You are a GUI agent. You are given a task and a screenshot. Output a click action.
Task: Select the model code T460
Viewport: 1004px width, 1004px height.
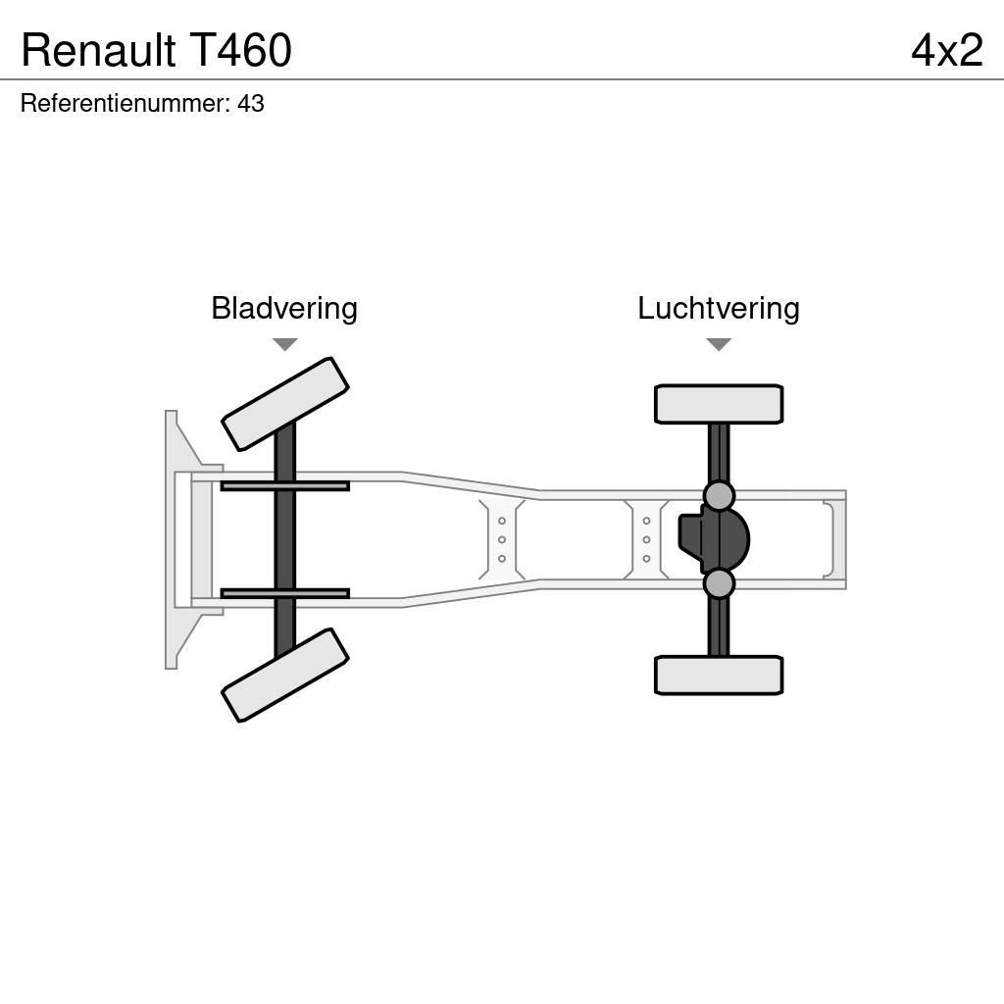pos(240,50)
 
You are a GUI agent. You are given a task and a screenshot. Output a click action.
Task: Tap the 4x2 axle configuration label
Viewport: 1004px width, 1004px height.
pos(946,50)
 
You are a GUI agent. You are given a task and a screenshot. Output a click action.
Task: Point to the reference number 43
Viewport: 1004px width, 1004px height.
pos(251,104)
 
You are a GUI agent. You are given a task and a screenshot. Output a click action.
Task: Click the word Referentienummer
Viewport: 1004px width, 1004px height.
pos(125,104)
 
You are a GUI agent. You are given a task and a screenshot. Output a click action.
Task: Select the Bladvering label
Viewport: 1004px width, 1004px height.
pos(284,308)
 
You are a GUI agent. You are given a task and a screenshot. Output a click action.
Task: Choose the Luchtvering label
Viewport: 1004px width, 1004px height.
pos(718,308)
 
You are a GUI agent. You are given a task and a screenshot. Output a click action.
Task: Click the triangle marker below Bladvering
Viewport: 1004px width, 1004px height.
pos(284,344)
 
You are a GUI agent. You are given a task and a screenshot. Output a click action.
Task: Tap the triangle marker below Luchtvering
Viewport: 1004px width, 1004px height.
pos(719,344)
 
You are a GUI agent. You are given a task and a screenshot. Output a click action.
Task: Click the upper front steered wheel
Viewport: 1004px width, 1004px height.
pos(285,404)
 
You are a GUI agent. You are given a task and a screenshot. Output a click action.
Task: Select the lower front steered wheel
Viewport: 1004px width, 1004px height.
pos(285,676)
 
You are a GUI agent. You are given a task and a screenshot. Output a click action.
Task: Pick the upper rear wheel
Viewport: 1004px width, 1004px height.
pos(719,404)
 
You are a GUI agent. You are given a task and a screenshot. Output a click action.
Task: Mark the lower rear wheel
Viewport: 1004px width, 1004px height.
pos(719,676)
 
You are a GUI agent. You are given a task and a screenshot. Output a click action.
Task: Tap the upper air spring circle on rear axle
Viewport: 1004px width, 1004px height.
pos(719,495)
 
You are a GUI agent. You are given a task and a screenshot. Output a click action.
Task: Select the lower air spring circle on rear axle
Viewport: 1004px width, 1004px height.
pos(719,583)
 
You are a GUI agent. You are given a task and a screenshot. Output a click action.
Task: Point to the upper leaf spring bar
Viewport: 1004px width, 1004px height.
pos(284,485)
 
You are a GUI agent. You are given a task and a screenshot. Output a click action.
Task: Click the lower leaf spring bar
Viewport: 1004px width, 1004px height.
pos(284,593)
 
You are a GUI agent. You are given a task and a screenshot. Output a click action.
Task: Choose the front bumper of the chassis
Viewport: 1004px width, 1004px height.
pos(176,539)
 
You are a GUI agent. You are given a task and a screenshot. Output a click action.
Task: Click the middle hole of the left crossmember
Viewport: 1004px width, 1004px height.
pos(502,539)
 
